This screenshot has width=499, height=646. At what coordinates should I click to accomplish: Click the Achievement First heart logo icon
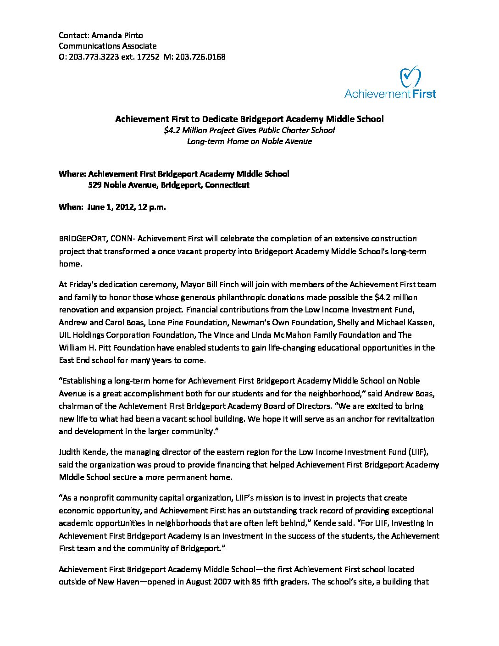tap(410, 76)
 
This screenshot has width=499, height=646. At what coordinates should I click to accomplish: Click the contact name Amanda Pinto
tap(117, 35)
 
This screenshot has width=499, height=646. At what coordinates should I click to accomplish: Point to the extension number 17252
tap(148, 57)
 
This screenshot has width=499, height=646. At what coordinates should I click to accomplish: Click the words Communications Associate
tap(107, 46)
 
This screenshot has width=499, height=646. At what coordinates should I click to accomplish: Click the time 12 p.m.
tap(152, 207)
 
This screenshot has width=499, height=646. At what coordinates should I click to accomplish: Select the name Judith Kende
tap(81, 452)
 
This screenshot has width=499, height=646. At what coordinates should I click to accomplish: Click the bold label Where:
tap(72, 174)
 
